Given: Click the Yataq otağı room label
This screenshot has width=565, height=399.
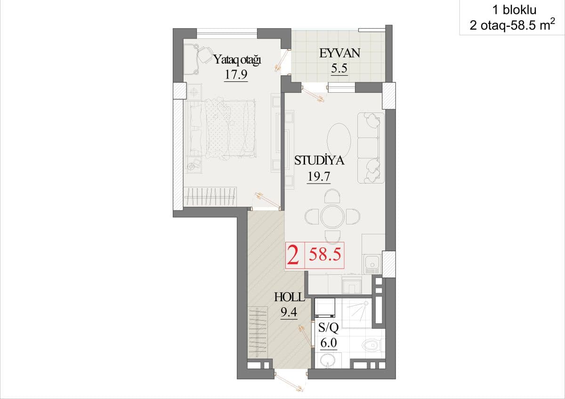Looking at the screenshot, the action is tap(237, 60).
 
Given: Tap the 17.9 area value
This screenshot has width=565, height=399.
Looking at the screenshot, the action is tap(236, 74).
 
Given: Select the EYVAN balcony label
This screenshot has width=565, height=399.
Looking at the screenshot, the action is tap(340, 53).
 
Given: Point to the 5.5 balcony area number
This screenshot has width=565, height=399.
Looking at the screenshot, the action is tap(339, 68).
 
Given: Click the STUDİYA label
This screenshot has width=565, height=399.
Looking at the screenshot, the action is tap(319, 160).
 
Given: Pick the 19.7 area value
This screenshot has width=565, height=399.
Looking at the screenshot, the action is tap(319, 176).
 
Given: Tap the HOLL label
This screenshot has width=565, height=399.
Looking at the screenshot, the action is tap(290, 297).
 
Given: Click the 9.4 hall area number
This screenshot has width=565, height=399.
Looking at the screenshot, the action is tap(289, 312).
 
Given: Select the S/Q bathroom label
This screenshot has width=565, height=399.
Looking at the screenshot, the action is tap(328, 327).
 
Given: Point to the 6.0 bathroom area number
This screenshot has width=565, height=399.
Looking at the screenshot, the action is tap(329, 343).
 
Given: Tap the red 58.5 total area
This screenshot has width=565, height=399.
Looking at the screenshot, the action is tap(325, 254).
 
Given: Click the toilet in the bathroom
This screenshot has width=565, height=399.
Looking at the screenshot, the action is tap(373, 345).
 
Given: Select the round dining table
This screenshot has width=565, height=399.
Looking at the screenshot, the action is tap(332, 216).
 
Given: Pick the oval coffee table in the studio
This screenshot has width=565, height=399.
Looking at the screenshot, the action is tap(339, 140).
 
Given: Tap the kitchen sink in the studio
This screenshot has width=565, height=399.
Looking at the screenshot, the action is tap(372, 263).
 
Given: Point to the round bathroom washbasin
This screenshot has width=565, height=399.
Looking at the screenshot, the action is tap(327, 361).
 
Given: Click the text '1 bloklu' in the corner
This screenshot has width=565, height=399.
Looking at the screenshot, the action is tap(515, 10).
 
